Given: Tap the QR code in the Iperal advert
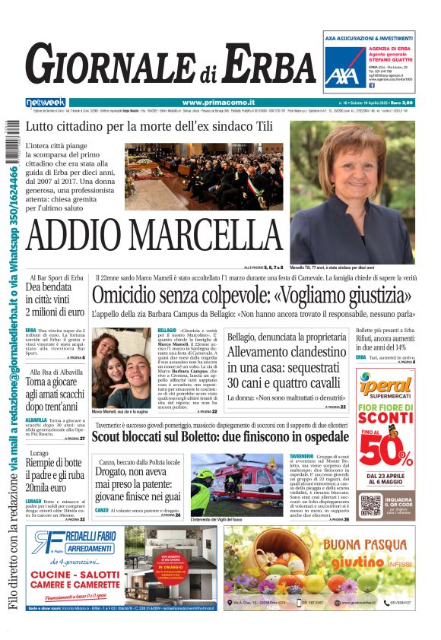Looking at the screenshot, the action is [370, 505].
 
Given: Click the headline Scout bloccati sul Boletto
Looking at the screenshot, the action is [220, 436].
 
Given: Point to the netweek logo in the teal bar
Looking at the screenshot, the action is [46, 102].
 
